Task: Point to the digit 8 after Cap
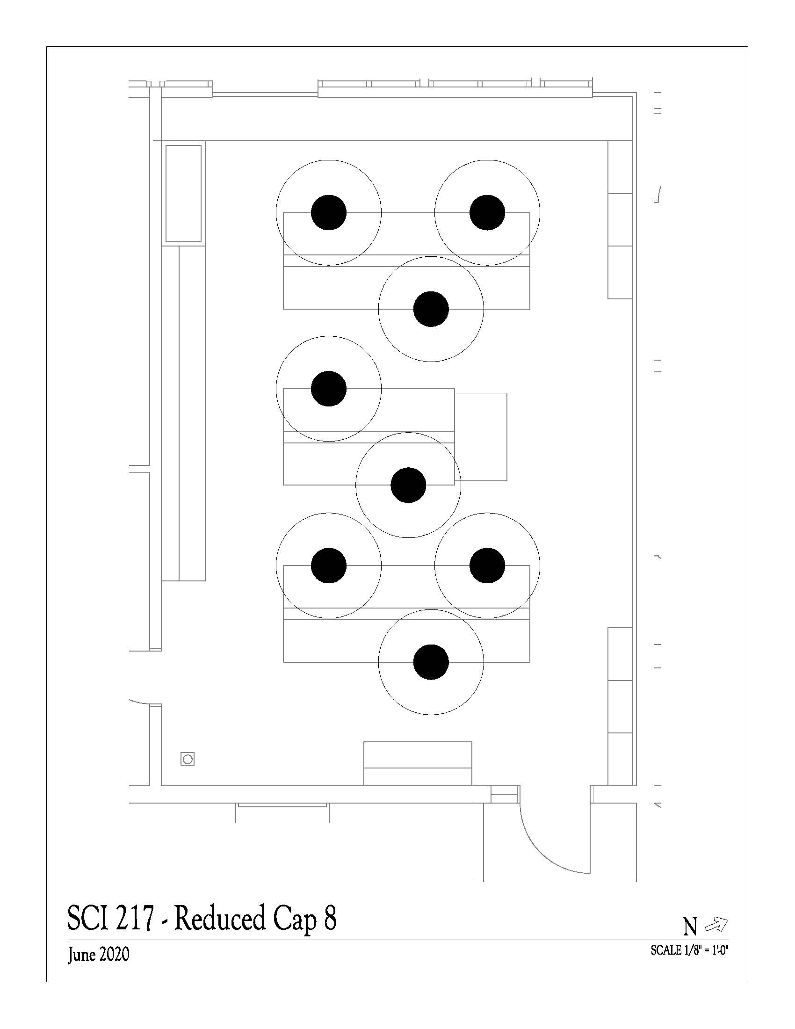330,918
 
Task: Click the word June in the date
81,956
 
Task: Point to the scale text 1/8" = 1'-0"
703,950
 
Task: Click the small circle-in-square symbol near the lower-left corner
188,759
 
